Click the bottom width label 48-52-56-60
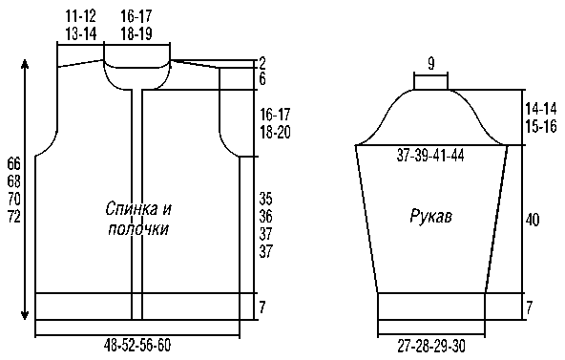(137, 346)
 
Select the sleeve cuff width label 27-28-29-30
(431, 347)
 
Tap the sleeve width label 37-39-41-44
(430, 156)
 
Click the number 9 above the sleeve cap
(431, 64)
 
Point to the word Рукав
(431, 217)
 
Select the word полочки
(138, 229)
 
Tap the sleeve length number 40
(533, 220)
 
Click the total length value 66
(14, 164)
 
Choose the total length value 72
(14, 217)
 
